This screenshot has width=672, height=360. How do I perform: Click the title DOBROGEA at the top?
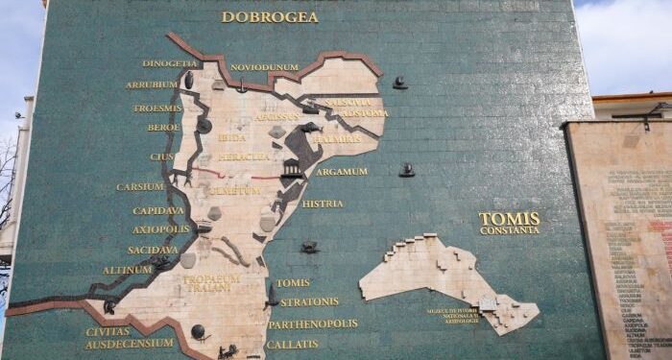click(x=270, y=16)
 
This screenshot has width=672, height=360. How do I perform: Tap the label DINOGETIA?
click(x=170, y=64)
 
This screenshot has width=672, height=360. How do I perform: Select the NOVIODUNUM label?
click(x=264, y=67)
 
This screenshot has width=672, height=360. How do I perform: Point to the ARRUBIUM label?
click(x=151, y=84)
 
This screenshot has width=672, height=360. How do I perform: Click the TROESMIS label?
click(x=157, y=108)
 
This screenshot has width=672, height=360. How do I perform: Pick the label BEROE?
click(x=163, y=127)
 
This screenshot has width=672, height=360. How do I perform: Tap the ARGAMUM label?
click(x=342, y=172)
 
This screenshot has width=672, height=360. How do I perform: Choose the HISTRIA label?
click(x=323, y=204)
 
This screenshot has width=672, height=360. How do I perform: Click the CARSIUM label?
click(x=140, y=186)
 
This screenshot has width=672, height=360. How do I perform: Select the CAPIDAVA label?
click(x=158, y=210)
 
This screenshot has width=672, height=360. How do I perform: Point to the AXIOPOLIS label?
click(x=160, y=229)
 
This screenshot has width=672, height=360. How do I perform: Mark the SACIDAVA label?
click(x=153, y=250)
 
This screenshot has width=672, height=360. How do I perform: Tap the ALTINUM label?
click(x=128, y=270)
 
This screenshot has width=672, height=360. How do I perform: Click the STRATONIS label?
click(x=309, y=301)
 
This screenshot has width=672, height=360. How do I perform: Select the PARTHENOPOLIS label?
click(x=313, y=324)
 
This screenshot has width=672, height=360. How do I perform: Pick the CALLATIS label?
click(x=292, y=344)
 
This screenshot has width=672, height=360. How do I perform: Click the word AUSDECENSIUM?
click(x=130, y=343)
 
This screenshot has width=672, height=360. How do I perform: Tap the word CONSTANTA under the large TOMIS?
click(x=510, y=230)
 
